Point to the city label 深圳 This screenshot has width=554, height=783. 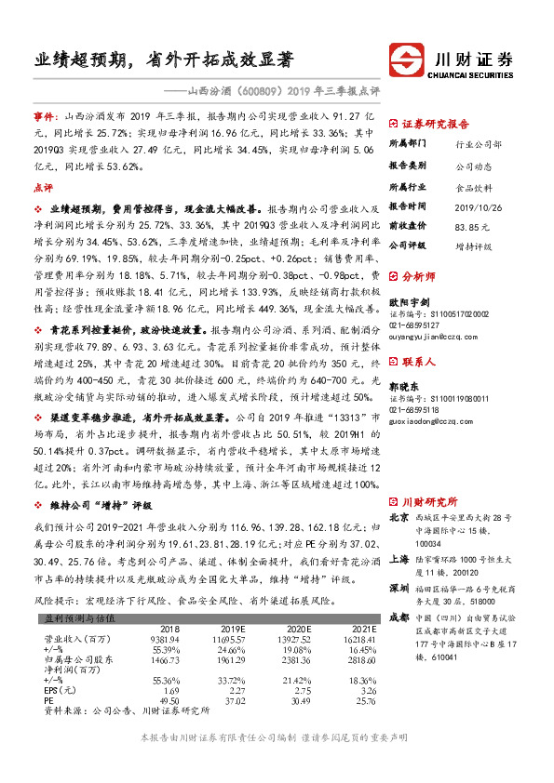tap(398, 562)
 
